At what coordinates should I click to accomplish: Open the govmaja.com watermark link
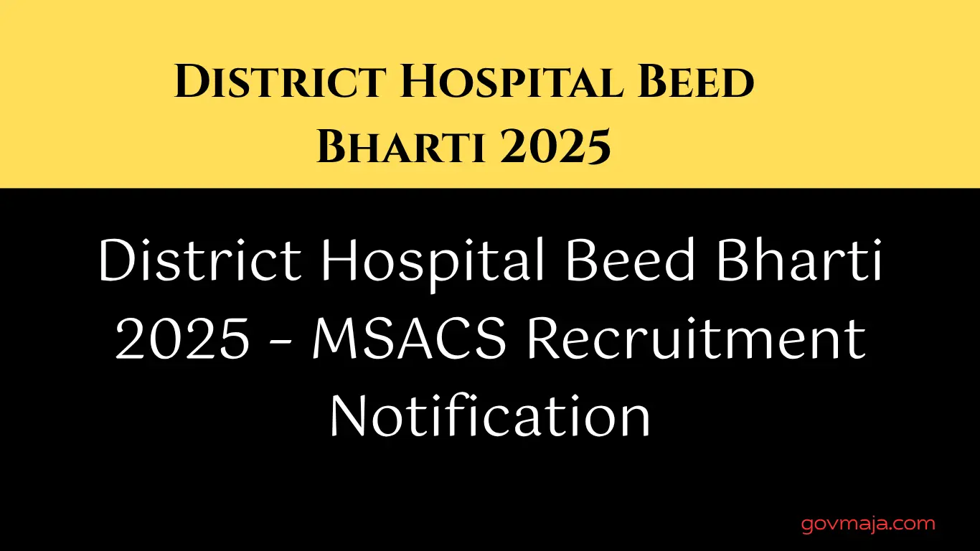(x=868, y=524)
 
